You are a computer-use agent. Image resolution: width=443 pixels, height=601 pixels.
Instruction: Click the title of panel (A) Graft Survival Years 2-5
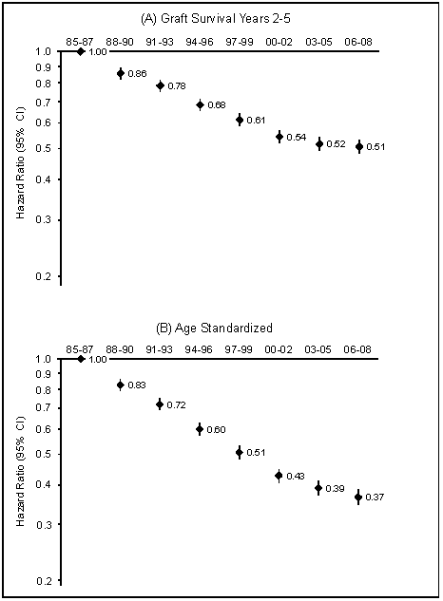point(216,19)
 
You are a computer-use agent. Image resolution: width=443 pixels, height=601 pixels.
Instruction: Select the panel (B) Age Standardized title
point(214,329)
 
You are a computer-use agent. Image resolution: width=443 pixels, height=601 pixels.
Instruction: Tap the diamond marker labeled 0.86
point(121,73)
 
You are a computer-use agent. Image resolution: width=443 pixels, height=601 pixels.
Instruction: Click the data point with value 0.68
point(200,104)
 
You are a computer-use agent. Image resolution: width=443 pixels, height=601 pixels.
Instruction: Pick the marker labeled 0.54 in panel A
point(279,137)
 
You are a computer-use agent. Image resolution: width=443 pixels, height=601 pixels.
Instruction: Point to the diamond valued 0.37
point(358,498)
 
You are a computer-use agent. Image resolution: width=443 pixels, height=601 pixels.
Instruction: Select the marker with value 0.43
point(279,476)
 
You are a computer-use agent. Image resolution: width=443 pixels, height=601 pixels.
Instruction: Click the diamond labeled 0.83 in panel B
point(121,385)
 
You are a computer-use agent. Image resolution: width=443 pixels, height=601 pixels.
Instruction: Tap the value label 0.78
point(177,86)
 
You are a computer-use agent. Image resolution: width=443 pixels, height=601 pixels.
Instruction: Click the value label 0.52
point(336,144)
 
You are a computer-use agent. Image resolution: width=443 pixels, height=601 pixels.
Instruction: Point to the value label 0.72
point(177,405)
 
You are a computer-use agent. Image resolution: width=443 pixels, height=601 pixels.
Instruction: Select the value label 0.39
point(336,489)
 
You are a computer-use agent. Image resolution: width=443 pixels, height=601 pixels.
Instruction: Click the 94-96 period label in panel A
point(200,42)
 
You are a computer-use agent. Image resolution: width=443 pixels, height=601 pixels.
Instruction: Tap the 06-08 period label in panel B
point(357,349)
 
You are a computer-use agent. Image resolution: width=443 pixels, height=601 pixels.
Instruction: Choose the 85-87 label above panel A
point(80,42)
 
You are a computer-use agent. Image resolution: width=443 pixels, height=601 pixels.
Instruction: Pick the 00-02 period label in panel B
point(279,349)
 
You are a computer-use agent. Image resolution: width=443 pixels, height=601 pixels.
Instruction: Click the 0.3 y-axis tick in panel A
point(44,220)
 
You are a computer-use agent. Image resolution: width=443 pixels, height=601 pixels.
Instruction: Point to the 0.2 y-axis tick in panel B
point(44,581)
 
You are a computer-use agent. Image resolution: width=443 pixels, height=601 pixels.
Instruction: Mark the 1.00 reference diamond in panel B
point(81,359)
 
